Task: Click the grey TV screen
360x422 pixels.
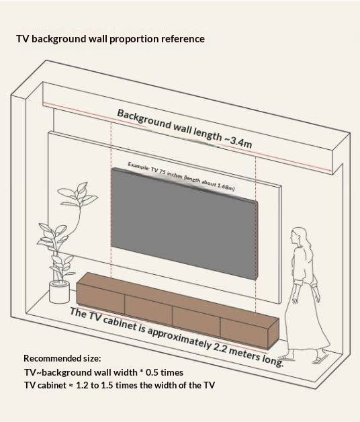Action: (x=184, y=223)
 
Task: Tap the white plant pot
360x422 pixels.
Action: (x=60, y=292)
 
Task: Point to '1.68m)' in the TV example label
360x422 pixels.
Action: (x=226, y=187)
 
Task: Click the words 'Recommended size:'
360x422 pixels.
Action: (x=62, y=358)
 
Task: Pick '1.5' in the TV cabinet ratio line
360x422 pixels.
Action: (x=107, y=385)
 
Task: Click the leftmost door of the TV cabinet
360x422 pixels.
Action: (x=101, y=298)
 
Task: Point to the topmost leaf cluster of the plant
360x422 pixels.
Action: (x=78, y=194)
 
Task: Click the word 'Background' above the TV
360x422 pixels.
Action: (x=144, y=119)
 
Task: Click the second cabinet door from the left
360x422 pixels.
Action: (x=148, y=310)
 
